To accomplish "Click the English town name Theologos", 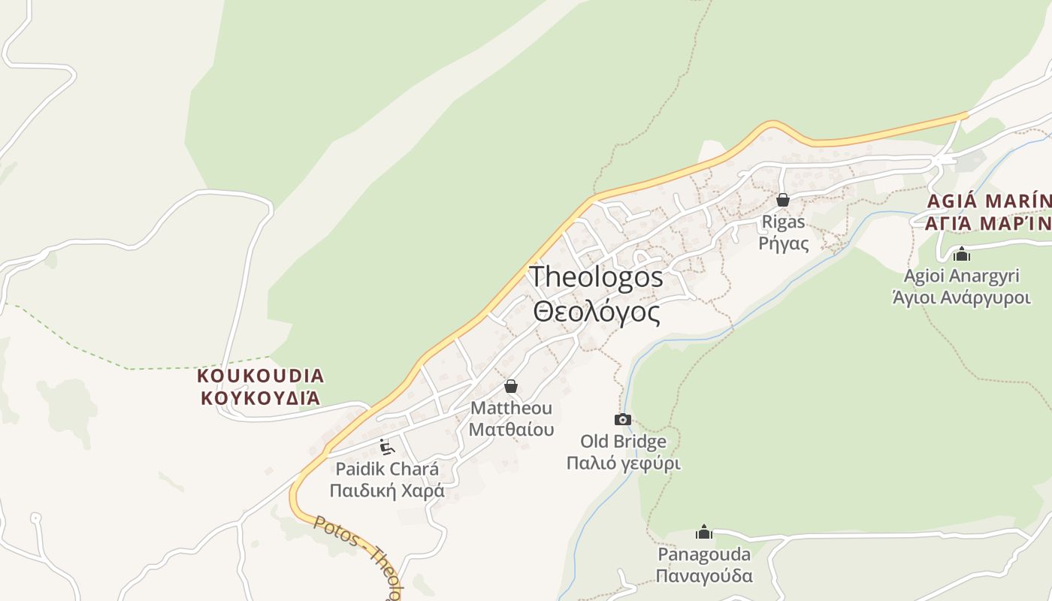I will point(596,276).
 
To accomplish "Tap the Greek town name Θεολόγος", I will point(597,311).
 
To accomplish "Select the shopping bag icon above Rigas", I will point(783,200).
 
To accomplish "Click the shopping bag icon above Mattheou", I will point(511,386).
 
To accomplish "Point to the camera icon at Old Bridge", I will point(623,419).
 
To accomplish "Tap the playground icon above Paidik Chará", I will point(387,447).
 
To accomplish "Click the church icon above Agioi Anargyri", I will point(962,254).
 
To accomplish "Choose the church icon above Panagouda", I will point(704,532).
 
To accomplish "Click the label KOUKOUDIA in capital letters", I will point(261,376).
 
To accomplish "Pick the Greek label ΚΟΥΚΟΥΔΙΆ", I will point(261,397).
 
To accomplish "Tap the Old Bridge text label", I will point(623,441).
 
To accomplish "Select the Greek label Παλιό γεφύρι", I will point(623,463).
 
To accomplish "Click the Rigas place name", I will point(783,222).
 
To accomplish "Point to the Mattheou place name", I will point(511,408).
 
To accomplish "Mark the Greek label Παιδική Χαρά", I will point(387,491).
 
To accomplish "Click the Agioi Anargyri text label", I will point(961,276).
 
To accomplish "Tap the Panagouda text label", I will point(704,554).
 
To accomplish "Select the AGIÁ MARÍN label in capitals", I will point(989,201).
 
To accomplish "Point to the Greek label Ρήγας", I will point(783,243).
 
